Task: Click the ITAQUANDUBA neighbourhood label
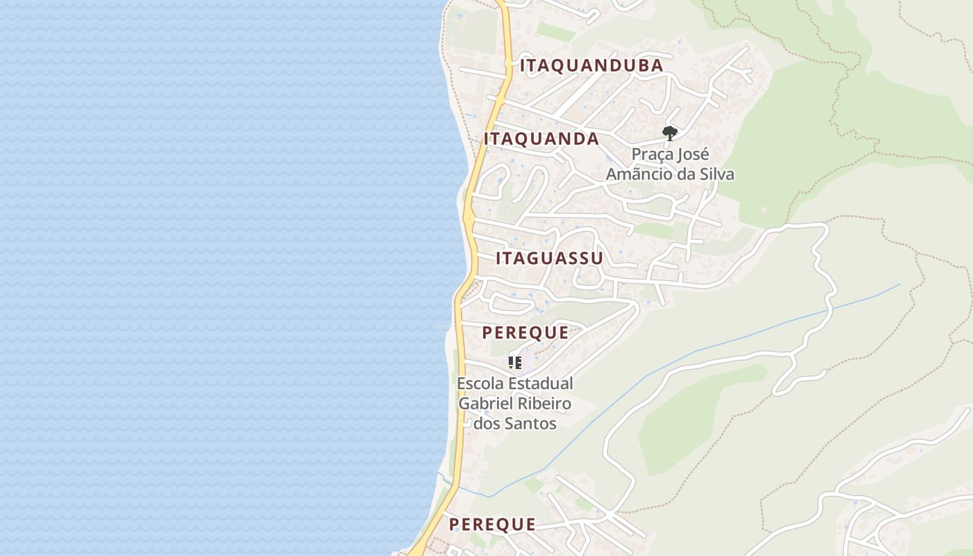tap(591, 66)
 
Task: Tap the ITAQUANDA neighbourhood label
tap(541, 139)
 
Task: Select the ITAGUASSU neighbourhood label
tap(549, 259)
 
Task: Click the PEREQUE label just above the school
tap(525, 333)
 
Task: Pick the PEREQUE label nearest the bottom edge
tap(492, 525)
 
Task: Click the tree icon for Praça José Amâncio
tap(670, 133)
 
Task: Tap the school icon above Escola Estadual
tap(515, 363)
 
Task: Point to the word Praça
tap(653, 154)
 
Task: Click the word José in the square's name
tap(694, 154)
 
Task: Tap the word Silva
tap(716, 174)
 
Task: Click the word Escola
tap(480, 384)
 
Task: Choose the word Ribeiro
tap(544, 404)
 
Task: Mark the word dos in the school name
tap(485, 423)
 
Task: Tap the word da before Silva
tap(685, 174)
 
